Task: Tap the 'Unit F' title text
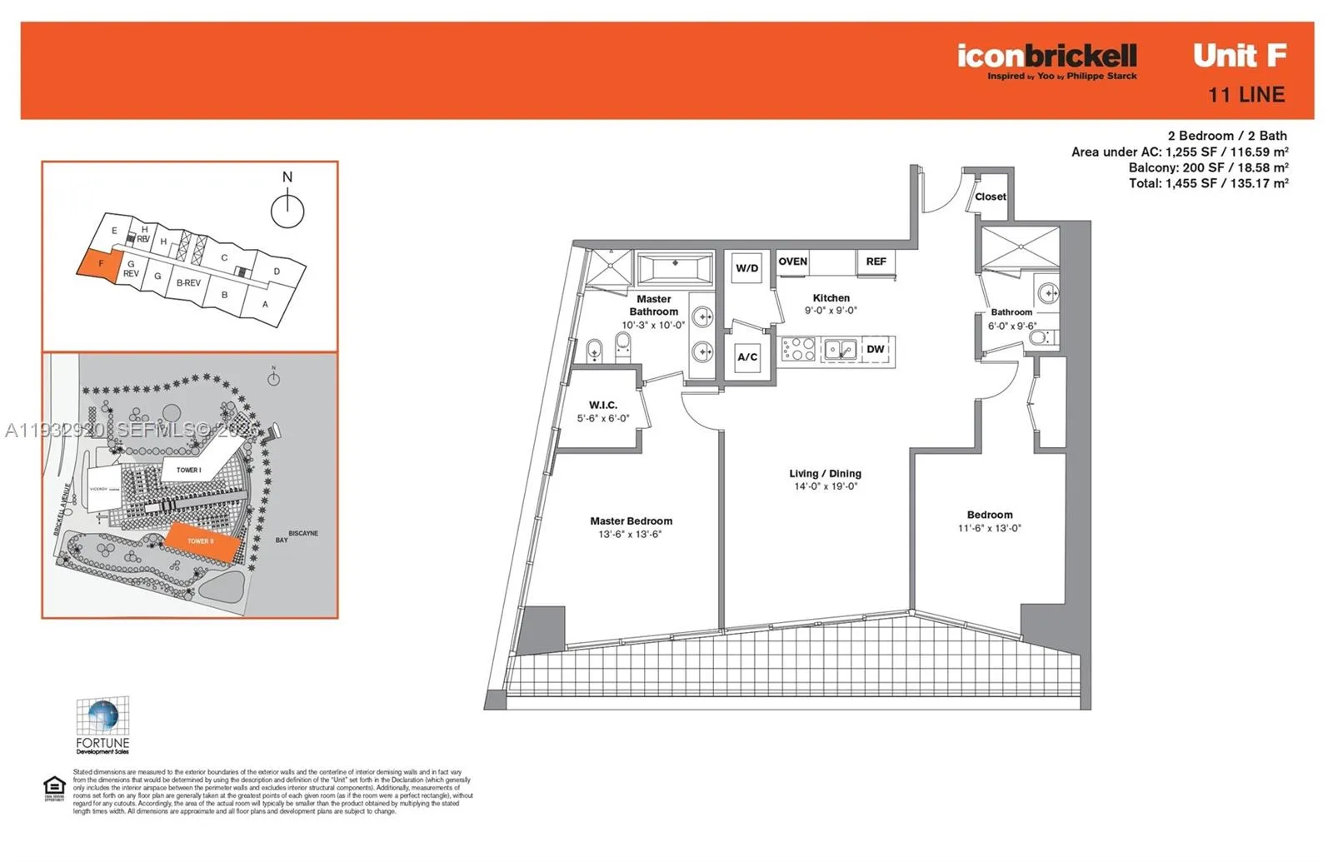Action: (x=1240, y=56)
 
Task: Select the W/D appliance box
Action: (x=746, y=268)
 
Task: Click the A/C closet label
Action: (x=747, y=357)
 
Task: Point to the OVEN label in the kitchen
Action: (x=792, y=262)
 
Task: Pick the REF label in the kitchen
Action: (x=876, y=262)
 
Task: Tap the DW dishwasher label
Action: (x=875, y=349)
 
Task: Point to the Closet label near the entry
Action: (x=991, y=197)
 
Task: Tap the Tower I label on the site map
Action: (x=189, y=470)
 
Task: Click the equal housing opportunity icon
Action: (x=54, y=787)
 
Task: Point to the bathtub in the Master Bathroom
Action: (x=675, y=268)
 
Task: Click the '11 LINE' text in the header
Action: (x=1246, y=95)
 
